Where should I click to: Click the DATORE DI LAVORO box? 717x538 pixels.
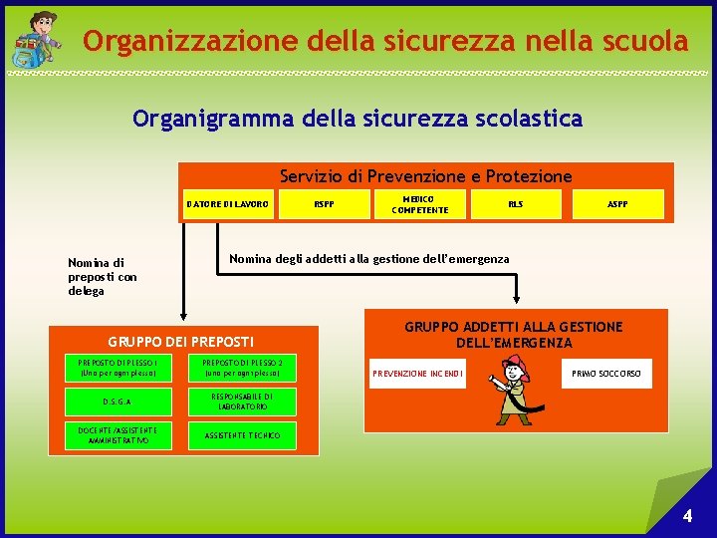227,204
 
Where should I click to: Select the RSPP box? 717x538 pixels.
324,204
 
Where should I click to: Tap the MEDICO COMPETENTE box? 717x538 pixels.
419,204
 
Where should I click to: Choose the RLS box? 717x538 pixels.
515,204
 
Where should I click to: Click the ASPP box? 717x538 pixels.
617,204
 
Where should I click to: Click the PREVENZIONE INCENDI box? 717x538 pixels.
418,375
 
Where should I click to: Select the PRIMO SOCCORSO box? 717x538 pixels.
606,375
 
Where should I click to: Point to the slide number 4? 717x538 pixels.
687,516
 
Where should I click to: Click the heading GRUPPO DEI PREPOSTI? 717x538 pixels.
181,342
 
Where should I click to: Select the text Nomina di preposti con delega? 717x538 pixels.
102,277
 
